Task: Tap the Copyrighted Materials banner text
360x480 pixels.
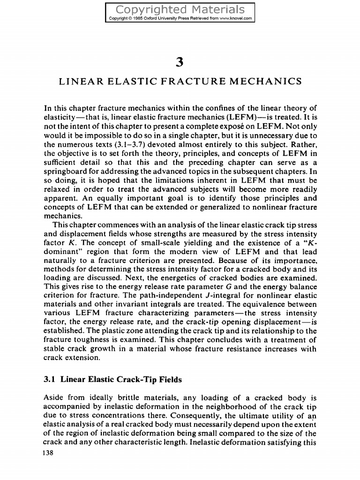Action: tap(180, 9)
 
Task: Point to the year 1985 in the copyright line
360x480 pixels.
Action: tap(142, 19)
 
